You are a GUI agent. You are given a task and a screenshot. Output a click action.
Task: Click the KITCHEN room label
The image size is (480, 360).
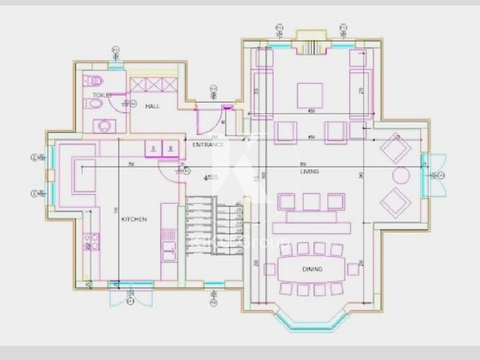[134, 219]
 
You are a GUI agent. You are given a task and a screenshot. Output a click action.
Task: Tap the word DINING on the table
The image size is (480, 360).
[312, 269]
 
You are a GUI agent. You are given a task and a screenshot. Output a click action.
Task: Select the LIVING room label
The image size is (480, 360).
[309, 172]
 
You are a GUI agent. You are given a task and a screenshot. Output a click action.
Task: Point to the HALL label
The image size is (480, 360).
[152, 106]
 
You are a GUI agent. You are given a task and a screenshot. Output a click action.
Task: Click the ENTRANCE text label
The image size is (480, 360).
[208, 145]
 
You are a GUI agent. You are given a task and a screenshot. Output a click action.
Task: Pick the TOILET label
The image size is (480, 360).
[100, 95]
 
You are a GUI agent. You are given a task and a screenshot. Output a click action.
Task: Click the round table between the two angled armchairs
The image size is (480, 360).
[401, 175]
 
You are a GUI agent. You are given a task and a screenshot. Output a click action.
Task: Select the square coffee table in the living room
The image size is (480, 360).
[310, 95]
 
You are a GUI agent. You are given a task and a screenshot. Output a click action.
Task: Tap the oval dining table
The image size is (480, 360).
[312, 270]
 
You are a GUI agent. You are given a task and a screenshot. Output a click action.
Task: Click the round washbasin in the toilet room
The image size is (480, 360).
[104, 126]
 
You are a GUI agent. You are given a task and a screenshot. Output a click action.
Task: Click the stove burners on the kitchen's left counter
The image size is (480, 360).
[91, 241]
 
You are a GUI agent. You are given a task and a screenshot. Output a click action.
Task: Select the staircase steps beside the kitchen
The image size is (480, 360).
[214, 226]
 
